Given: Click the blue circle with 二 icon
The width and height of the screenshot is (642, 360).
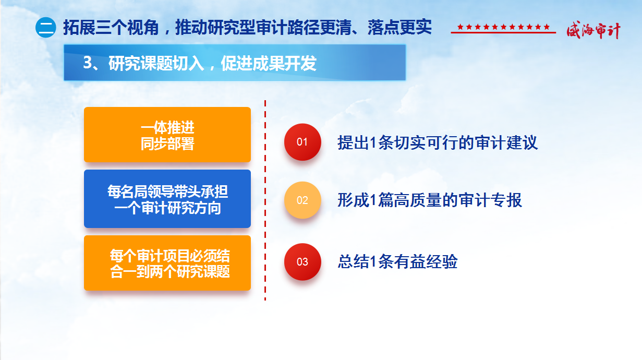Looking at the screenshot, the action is pos(45,28).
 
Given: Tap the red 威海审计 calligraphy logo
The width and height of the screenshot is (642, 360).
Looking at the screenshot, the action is pos(593,30).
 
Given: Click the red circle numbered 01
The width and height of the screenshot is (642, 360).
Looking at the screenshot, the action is pos(302,142).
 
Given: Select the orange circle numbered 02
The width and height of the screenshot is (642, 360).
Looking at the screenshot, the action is pos(302,200).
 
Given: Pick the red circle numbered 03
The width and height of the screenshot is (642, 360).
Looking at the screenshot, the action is pos(302,262).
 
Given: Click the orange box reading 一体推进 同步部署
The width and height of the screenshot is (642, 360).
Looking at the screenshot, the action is pos(167,135).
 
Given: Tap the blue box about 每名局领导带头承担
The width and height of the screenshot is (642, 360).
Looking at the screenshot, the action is pos(167,199).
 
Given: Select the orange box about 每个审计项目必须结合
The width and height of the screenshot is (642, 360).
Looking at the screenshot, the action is pos(167,263).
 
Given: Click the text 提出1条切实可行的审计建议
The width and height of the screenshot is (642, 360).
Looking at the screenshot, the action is pos(438,142).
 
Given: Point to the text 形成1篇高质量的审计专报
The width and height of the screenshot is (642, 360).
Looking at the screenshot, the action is pos(430,200).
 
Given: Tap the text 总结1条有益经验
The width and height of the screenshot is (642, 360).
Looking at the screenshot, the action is pos(397,262).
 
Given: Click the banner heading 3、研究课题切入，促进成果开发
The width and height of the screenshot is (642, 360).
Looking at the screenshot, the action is pos(200,63).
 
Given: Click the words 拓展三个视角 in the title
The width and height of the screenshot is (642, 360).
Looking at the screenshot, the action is pos(111,28).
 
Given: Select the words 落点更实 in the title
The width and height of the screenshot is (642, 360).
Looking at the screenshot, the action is pos(399,28).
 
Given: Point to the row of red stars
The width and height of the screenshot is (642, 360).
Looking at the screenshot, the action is pos(503,27).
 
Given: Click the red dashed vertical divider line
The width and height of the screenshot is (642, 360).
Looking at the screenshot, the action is pos(265,200).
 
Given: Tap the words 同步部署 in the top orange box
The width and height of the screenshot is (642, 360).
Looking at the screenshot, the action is pos(167,143).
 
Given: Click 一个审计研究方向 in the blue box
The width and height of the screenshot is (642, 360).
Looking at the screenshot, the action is pos(167,208).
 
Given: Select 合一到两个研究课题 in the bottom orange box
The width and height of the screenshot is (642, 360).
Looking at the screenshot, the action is pos(170,271).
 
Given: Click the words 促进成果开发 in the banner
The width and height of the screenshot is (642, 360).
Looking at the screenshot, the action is pos(269,63).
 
